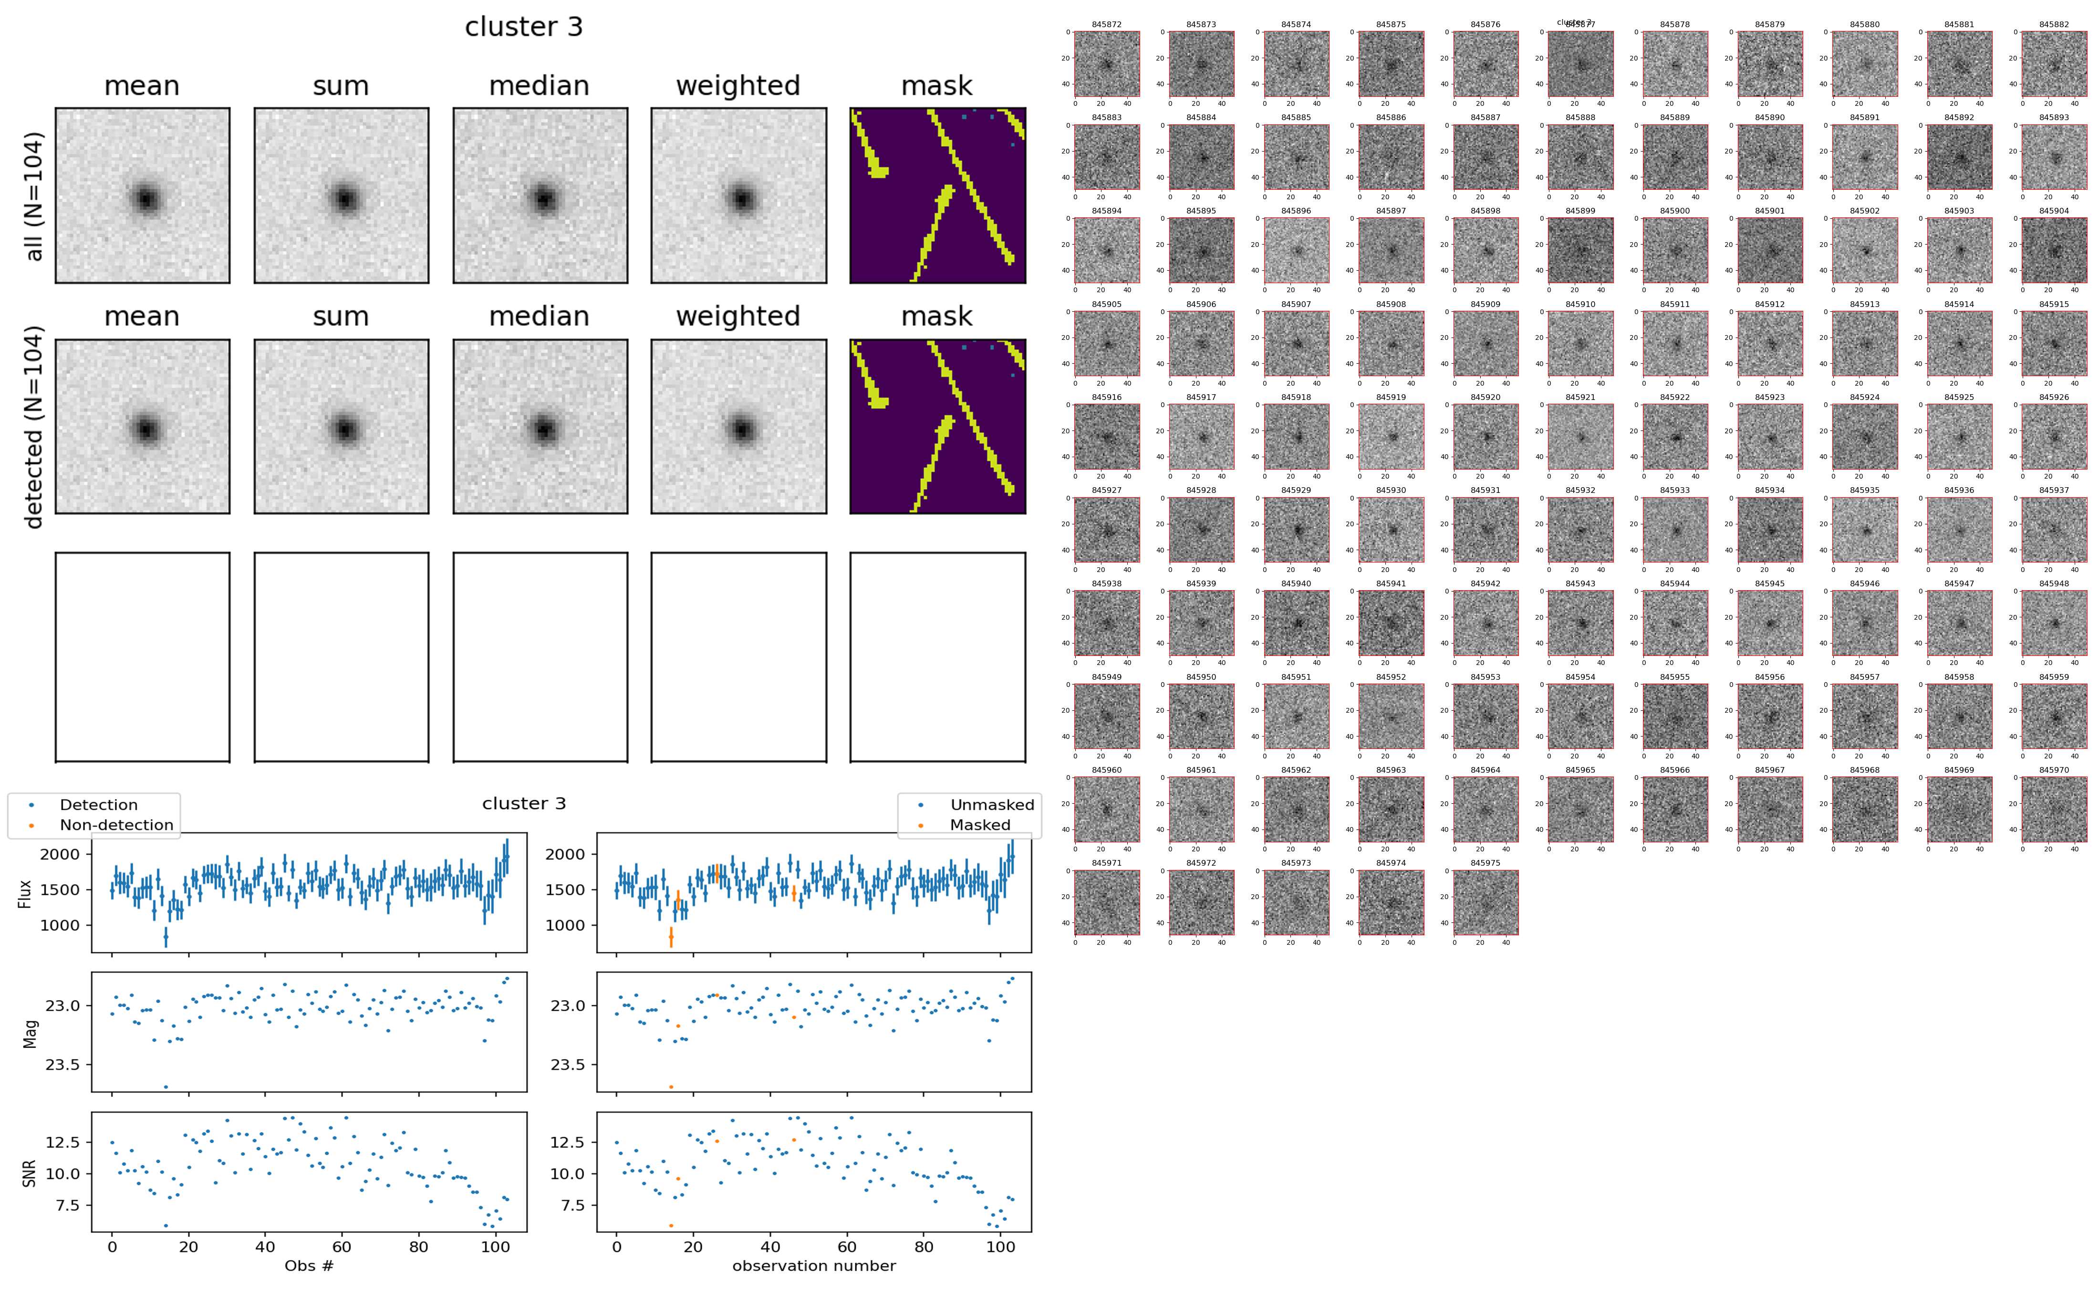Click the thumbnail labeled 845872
[1106, 64]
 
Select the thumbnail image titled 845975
[1485, 902]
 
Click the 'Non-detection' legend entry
[116, 824]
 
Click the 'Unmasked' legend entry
[991, 805]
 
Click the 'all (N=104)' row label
[34, 196]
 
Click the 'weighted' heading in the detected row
[738, 316]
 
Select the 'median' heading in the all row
[539, 86]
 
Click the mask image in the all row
[937, 195]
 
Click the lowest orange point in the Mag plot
[671, 1087]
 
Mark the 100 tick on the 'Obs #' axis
[496, 1247]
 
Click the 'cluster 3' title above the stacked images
[524, 27]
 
